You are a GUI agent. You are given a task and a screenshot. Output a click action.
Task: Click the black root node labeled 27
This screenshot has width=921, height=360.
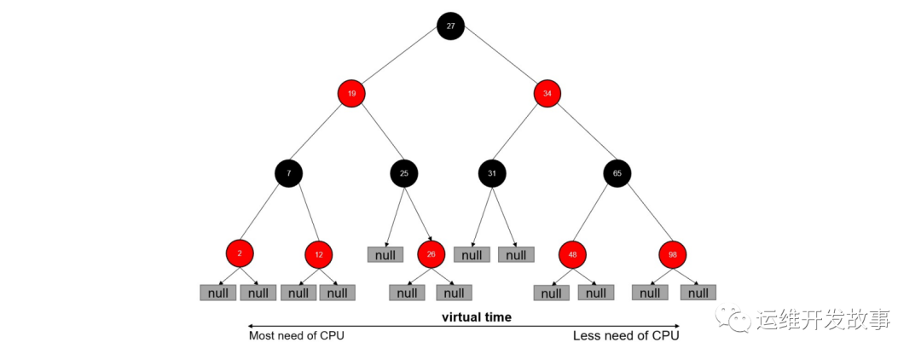pyautogui.click(x=450, y=26)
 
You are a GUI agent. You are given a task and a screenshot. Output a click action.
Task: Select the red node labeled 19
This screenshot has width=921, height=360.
pyautogui.click(x=351, y=93)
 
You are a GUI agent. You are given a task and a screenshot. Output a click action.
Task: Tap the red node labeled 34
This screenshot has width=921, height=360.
pyautogui.click(x=547, y=93)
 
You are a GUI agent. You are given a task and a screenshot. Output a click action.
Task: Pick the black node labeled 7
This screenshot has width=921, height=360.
pyautogui.click(x=288, y=173)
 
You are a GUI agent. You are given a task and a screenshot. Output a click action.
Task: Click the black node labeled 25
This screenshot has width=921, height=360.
pyautogui.click(x=404, y=173)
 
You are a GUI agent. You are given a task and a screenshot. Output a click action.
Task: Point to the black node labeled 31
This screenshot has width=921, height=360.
pyautogui.click(x=492, y=173)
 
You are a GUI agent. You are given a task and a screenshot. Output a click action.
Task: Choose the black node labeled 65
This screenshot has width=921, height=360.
pyautogui.click(x=617, y=173)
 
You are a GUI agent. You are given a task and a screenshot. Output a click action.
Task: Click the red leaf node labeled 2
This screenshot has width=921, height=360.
pyautogui.click(x=240, y=253)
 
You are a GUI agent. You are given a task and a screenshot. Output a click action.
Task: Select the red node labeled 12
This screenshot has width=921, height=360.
pyautogui.click(x=318, y=254)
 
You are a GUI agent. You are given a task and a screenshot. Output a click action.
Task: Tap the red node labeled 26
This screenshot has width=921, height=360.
pyautogui.click(x=431, y=254)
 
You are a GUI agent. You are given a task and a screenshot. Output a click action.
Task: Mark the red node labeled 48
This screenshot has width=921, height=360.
pyautogui.click(x=572, y=255)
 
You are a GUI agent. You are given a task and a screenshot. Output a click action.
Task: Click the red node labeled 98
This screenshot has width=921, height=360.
pyautogui.click(x=673, y=255)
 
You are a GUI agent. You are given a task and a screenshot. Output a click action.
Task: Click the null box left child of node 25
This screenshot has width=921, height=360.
pyautogui.click(x=385, y=254)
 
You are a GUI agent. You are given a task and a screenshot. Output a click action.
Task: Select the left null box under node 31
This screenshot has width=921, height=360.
pyautogui.click(x=472, y=254)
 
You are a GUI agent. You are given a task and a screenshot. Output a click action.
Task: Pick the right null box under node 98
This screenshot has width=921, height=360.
pyautogui.click(x=698, y=293)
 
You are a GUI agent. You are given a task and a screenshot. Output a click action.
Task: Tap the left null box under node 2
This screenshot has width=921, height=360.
pyautogui.click(x=218, y=293)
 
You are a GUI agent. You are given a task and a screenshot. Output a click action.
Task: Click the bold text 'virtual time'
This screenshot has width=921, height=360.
pyautogui.click(x=477, y=317)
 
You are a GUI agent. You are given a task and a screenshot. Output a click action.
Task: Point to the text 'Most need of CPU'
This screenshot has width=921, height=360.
pyautogui.click(x=297, y=336)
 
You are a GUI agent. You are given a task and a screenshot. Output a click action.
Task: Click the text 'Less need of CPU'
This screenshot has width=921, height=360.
pyautogui.click(x=626, y=336)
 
